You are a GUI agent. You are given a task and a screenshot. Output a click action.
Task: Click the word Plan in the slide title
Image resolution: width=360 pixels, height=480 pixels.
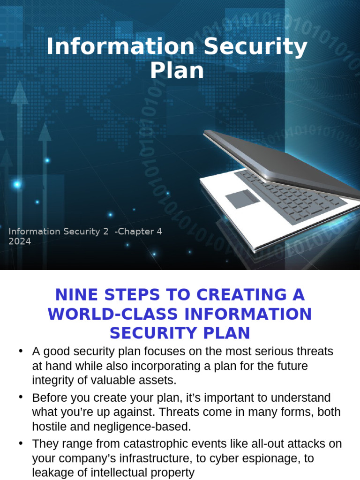[x=177, y=70]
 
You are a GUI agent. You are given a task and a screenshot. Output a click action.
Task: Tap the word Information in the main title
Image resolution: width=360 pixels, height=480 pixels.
[x=120, y=47]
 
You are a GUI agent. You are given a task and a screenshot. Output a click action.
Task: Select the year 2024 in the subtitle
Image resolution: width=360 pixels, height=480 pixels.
[x=20, y=242]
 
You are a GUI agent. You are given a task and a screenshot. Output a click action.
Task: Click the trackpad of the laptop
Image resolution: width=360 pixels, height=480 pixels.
[x=242, y=199]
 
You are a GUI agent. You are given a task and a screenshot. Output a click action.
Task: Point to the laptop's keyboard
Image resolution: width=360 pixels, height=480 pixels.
[x=291, y=197]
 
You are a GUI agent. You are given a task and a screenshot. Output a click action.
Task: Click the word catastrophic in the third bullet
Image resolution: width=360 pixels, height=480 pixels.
[x=159, y=444]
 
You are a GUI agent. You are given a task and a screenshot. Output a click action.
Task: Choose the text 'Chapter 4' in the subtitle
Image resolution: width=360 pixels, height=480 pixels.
[x=140, y=232]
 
